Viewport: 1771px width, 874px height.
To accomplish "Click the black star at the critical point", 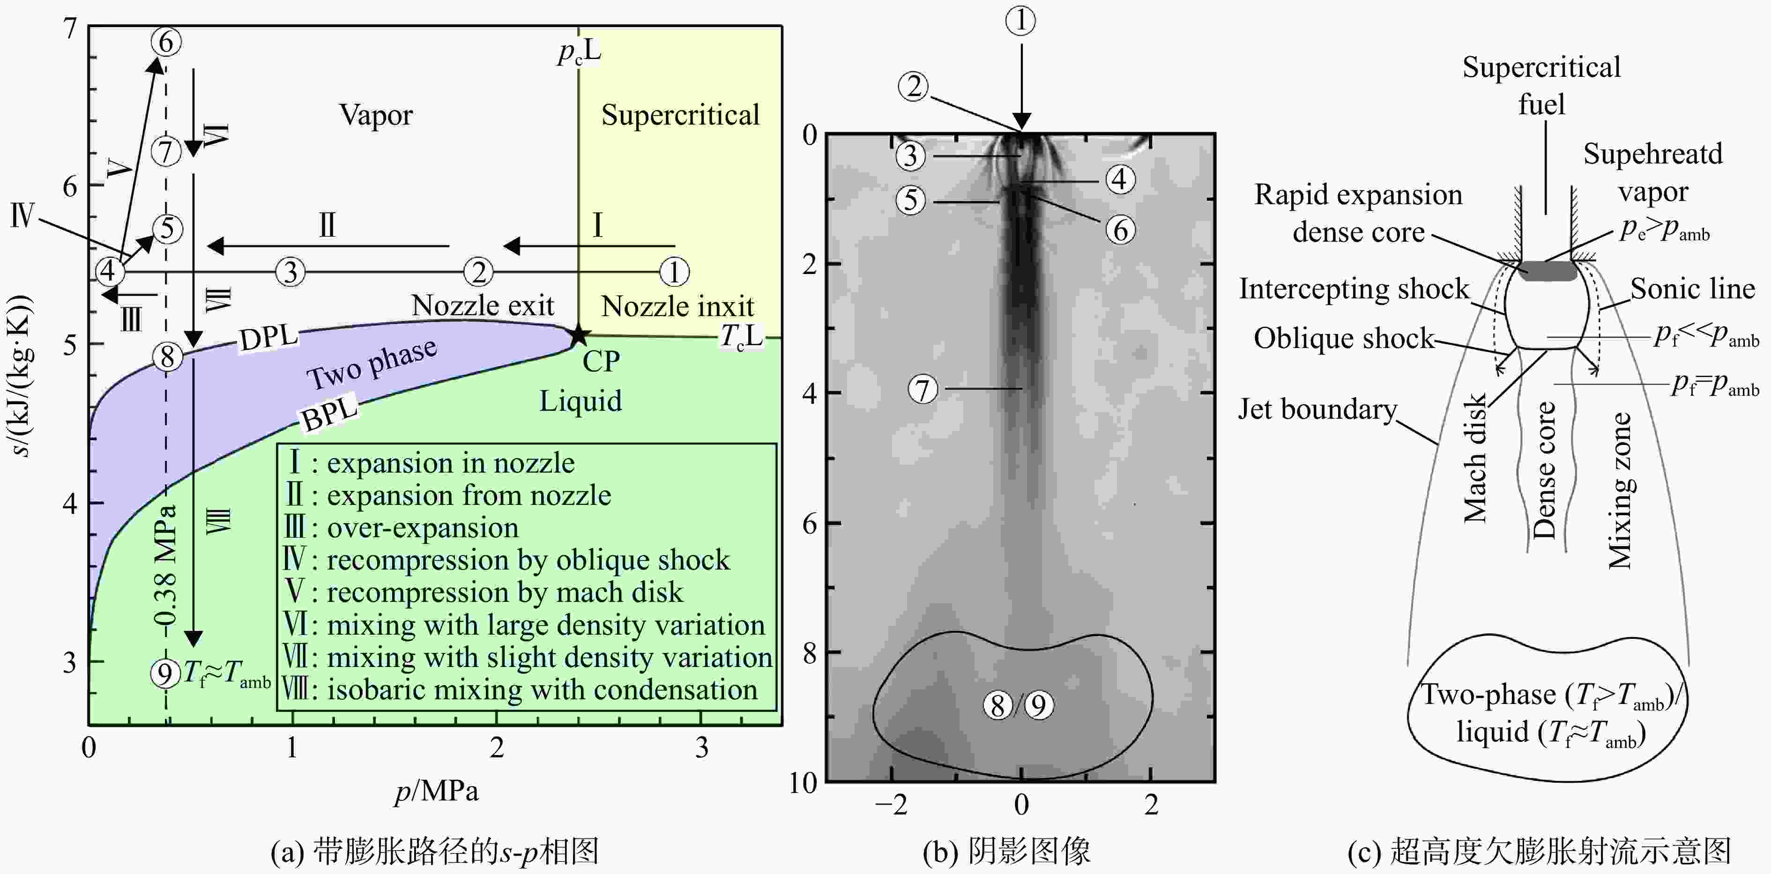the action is tap(579, 335).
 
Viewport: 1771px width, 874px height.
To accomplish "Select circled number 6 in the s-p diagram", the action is tap(166, 42).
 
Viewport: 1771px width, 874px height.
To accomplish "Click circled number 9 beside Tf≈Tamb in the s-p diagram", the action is tap(165, 674).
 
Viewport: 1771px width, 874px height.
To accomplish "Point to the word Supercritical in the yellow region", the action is tap(681, 115).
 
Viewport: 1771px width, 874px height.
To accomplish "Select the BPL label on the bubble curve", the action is tap(330, 412).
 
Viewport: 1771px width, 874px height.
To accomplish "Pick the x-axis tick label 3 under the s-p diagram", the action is tap(701, 748).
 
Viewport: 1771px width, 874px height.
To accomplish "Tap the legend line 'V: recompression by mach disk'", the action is tap(484, 593).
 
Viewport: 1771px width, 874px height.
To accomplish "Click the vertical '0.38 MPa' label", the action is tap(165, 568).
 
